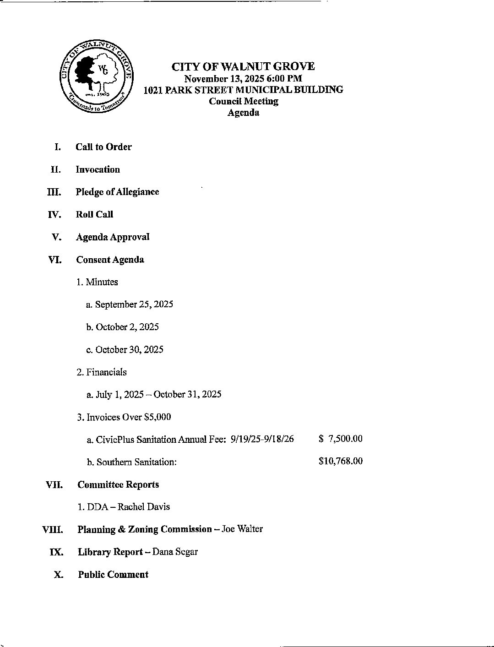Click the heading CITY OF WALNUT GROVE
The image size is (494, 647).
click(x=243, y=67)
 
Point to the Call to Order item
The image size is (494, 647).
click(x=103, y=147)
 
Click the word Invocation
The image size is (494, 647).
click(x=98, y=169)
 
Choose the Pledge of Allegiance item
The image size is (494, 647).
click(x=117, y=192)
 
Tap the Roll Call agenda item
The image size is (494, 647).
click(x=94, y=214)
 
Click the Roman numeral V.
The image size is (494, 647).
click(x=57, y=237)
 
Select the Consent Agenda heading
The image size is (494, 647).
click(x=110, y=260)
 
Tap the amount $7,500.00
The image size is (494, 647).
click(x=341, y=439)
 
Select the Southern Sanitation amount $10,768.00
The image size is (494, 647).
click(x=341, y=461)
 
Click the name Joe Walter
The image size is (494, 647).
click(x=242, y=529)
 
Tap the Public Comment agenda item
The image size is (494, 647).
click(x=113, y=575)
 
